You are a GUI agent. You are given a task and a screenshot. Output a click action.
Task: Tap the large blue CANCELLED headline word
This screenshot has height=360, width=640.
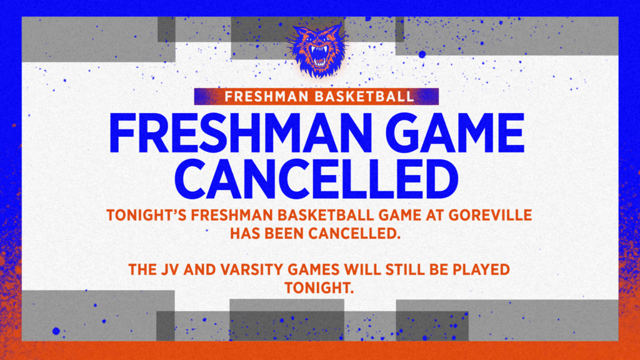pyautogui.click(x=319, y=180)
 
